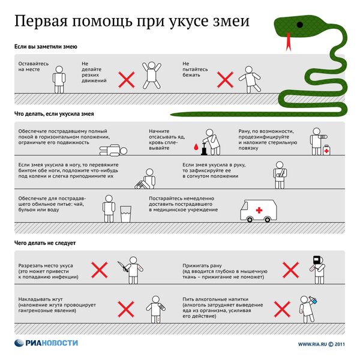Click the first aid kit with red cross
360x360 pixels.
point(326,151)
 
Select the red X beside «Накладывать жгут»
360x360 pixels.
point(125,308)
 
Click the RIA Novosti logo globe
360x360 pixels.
point(20,344)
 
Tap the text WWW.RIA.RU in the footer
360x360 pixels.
point(312,344)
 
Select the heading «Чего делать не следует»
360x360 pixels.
point(46,243)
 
